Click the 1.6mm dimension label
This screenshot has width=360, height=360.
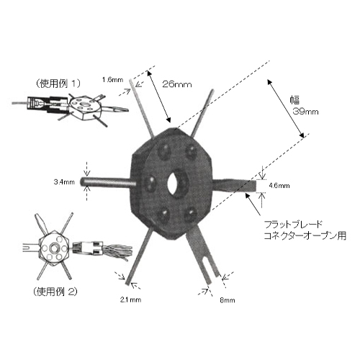coord(112,80)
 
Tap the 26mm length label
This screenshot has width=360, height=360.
coord(177,84)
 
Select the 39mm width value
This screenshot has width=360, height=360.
coord(305,112)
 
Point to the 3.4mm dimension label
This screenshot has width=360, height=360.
coord(64,182)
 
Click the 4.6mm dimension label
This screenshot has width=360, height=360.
coord(279,186)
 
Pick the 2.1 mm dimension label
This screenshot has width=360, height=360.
coord(130,300)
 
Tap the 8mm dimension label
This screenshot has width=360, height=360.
coord(228,300)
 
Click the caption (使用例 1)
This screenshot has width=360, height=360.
coord(58,84)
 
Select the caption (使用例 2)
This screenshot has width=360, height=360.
coord(55,292)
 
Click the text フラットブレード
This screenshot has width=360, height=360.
coord(293,225)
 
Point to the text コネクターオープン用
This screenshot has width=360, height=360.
coord(305,235)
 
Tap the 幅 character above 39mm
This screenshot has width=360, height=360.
coord(294,100)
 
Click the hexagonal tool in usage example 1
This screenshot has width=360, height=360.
coord(84,108)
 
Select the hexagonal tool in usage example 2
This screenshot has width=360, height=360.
coord(54,248)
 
